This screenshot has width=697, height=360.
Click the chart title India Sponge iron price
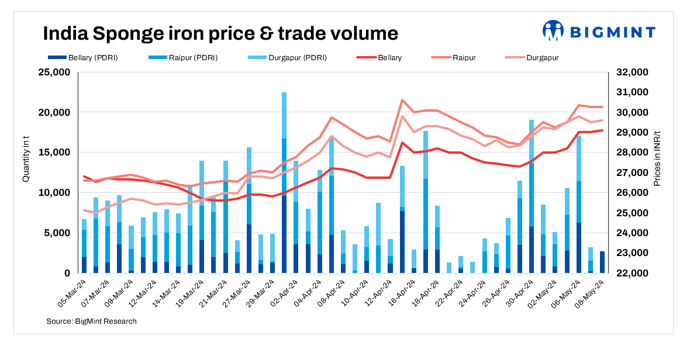[220, 33]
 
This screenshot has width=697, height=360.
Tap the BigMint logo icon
[552, 30]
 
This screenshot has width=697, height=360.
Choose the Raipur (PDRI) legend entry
[185, 58]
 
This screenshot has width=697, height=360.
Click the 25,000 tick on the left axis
[53, 72]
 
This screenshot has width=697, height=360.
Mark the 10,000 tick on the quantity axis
[53, 193]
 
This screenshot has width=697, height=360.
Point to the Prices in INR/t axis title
[657, 158]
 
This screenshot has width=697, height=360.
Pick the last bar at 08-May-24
[602, 262]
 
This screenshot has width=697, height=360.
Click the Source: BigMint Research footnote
[91, 321]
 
